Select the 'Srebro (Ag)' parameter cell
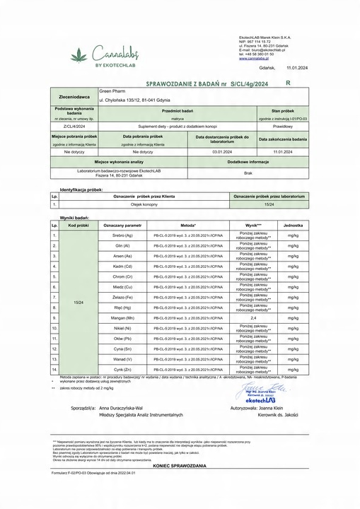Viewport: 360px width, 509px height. point(113,234)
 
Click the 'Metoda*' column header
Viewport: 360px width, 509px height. point(187,224)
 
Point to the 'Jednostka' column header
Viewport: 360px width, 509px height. point(292,224)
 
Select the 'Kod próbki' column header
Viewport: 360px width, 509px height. point(78,224)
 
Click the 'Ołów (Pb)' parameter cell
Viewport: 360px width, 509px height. point(113,339)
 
